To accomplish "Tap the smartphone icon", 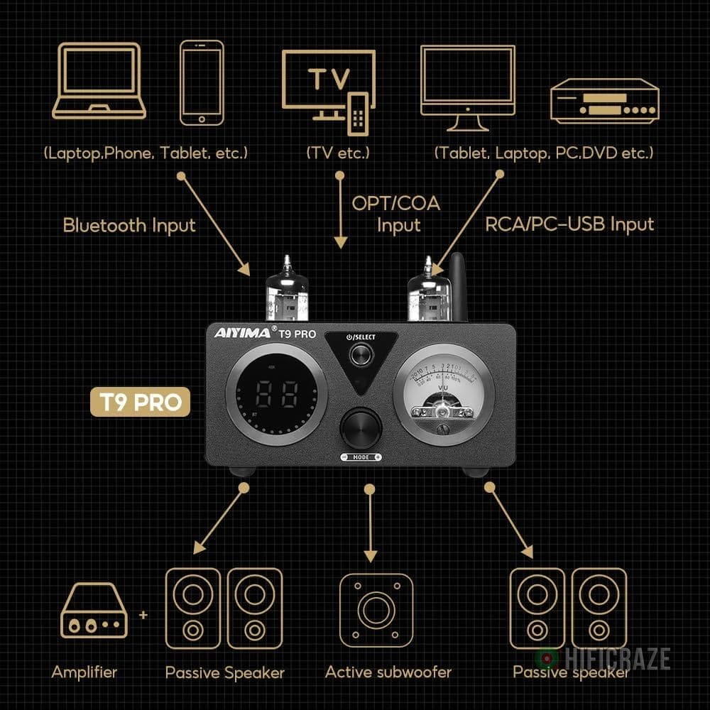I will point(202,82).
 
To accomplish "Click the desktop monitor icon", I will point(467,85).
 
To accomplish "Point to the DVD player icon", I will point(605,101).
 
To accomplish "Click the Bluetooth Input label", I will point(129,226).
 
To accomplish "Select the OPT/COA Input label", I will point(396,214).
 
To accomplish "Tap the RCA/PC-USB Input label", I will point(569,224).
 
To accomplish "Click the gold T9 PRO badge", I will point(140,403).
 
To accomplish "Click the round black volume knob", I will point(361,427).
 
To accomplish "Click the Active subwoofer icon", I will point(376,611).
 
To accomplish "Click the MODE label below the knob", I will point(361,457).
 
